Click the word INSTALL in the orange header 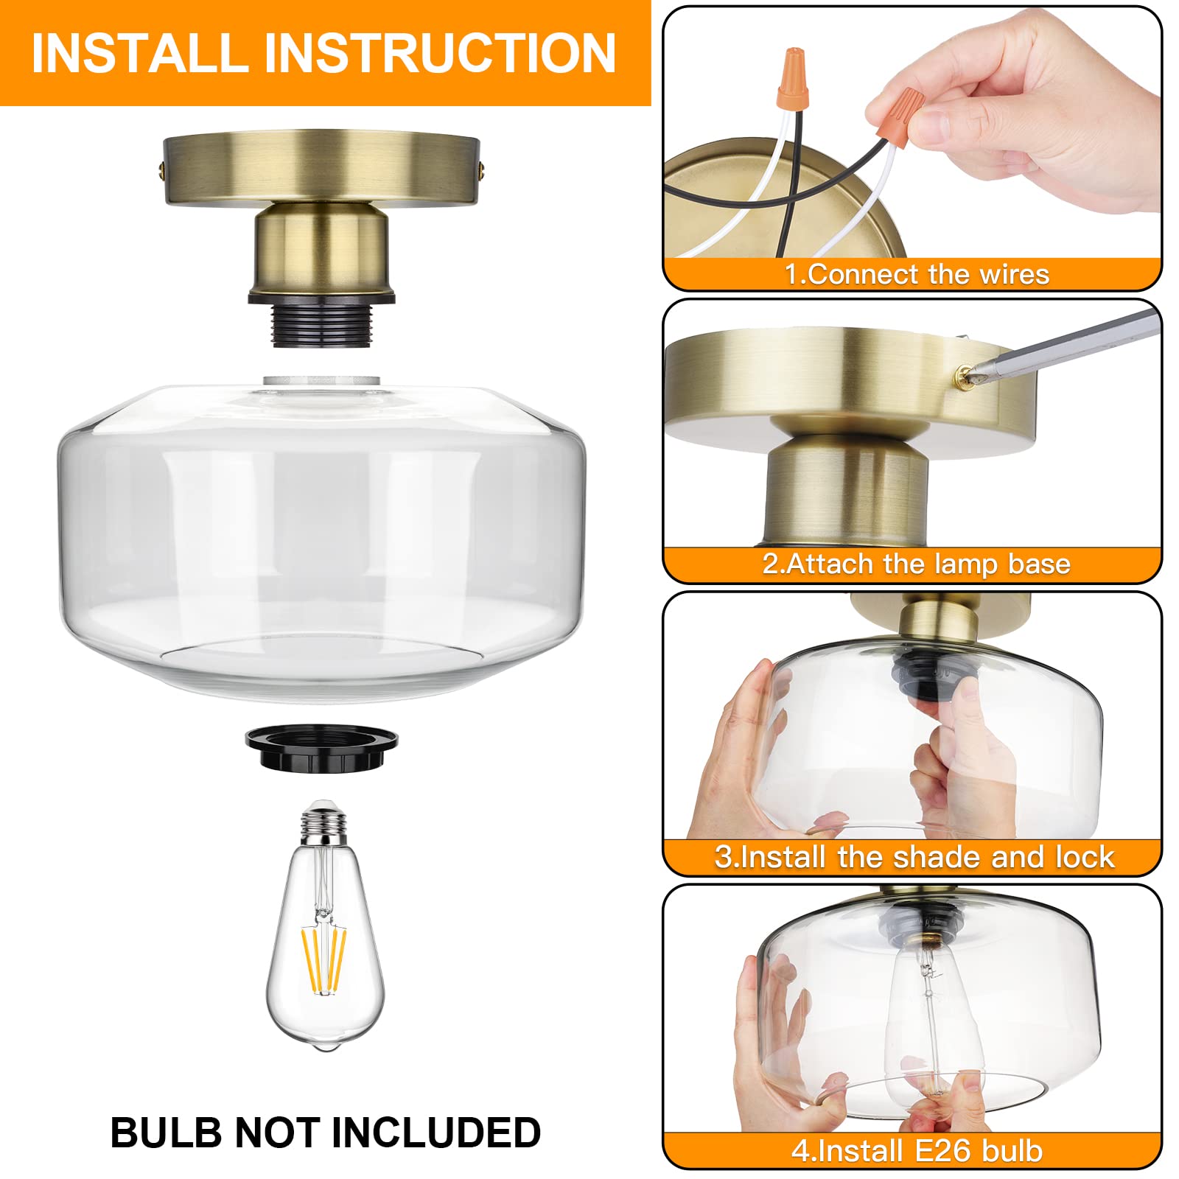[x=140, y=53]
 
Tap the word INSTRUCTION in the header [x=439, y=53]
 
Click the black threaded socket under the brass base [x=321, y=323]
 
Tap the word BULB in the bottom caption [x=166, y=1133]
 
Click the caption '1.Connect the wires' [x=916, y=274]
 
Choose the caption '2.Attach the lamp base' [x=916, y=564]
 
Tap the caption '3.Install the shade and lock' [x=914, y=856]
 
